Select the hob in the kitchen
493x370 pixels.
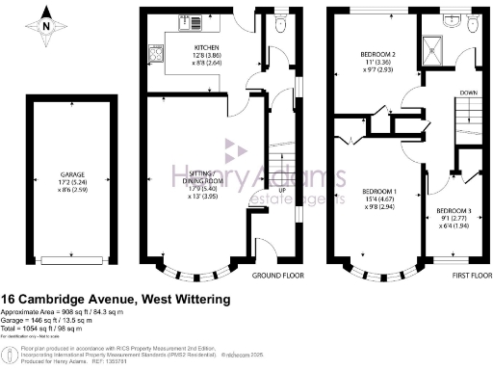coord(154,52)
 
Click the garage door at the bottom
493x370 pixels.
coord(70,259)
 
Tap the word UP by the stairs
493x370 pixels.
coord(282,190)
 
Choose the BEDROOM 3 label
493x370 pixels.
coord(454,210)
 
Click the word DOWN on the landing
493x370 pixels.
coord(468,93)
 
